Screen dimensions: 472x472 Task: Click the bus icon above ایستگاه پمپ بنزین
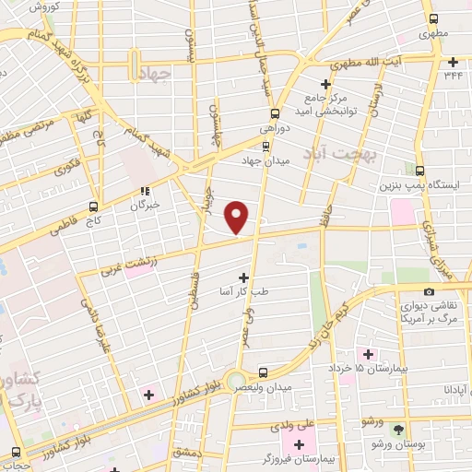[x=420, y=171]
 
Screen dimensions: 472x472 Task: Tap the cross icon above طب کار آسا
[x=244, y=277]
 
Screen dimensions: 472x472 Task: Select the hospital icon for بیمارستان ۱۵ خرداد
[x=369, y=354]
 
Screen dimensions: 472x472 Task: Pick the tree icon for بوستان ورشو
[x=398, y=431]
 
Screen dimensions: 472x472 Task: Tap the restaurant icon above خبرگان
[x=143, y=192]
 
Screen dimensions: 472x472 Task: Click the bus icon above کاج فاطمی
[x=93, y=207]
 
